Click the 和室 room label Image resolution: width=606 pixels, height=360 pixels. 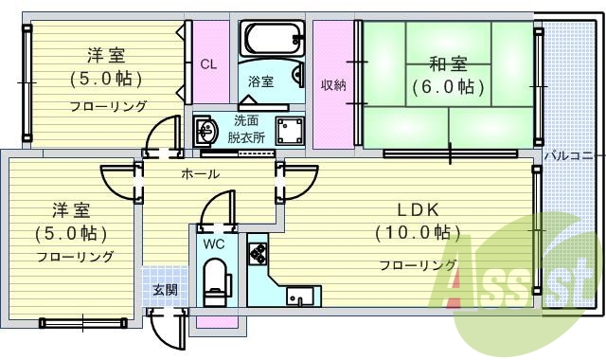tap(448, 64)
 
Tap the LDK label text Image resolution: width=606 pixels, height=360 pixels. tap(418, 208)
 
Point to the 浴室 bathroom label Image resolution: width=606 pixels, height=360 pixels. tap(260, 81)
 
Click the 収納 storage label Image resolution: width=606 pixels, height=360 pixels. tap(332, 85)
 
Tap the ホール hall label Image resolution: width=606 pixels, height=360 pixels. tap(200, 173)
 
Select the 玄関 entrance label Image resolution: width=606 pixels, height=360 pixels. tap(164, 289)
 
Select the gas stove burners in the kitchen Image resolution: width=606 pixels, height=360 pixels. tap(258, 254)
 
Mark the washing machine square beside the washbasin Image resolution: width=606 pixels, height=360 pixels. tap(288, 129)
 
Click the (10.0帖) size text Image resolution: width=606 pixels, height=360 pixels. tap(418, 232)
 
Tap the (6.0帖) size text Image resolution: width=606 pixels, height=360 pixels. tap(449, 88)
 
